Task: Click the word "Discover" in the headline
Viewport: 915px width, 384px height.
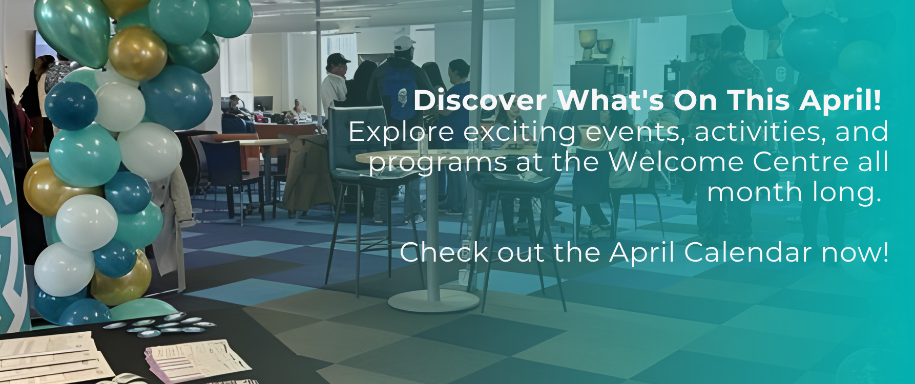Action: tap(480, 100)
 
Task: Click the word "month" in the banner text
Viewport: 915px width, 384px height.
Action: tap(755, 193)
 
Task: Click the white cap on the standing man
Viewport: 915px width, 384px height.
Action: tap(404, 43)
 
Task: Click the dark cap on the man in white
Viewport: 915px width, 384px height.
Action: tap(338, 58)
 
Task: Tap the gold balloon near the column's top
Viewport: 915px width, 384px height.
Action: tap(137, 53)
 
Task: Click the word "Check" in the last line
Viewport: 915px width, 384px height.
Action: tap(444, 252)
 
